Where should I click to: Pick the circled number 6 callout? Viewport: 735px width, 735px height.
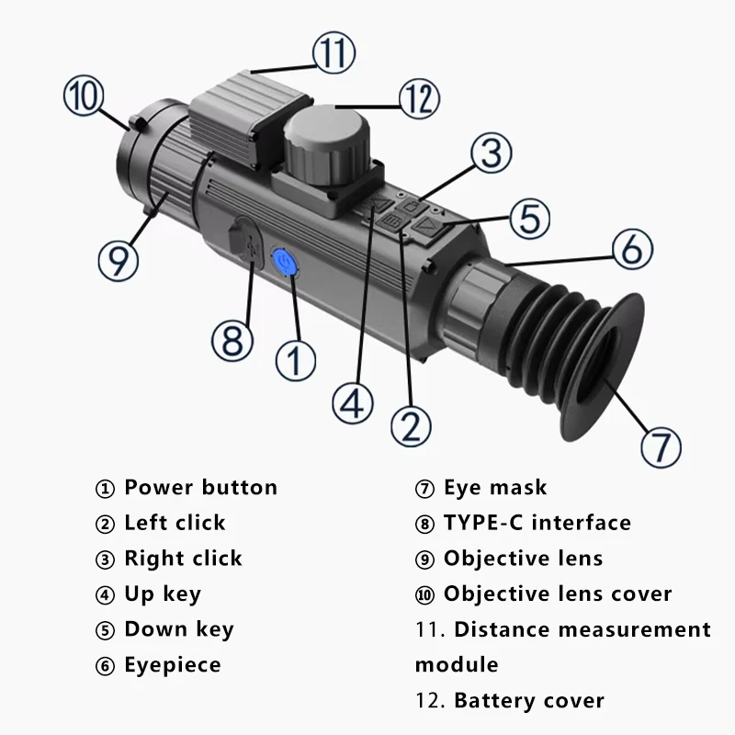click(631, 250)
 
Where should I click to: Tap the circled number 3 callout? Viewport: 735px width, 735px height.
click(492, 154)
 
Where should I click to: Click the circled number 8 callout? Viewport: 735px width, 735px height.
click(232, 340)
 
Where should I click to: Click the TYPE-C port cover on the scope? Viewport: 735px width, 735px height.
click(243, 241)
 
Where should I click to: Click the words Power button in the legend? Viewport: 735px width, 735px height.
click(200, 487)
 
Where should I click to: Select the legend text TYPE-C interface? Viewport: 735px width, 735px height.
click(537, 523)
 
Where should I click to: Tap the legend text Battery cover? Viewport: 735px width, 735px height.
click(529, 700)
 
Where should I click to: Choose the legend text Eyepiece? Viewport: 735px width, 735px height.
click(173, 664)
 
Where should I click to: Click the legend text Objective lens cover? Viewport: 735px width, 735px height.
click(558, 594)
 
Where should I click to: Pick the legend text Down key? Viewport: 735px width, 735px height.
click(179, 629)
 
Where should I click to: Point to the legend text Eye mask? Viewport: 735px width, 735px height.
click(495, 487)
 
